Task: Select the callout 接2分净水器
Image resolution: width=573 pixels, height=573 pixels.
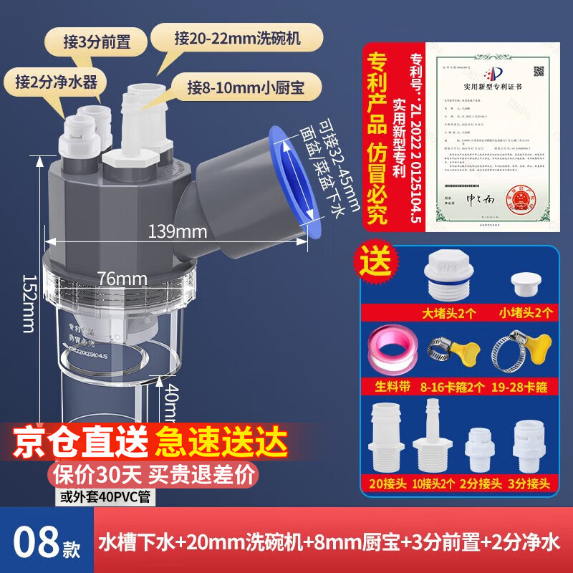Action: click(45, 80)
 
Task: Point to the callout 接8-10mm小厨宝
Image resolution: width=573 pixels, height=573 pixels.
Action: click(245, 88)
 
